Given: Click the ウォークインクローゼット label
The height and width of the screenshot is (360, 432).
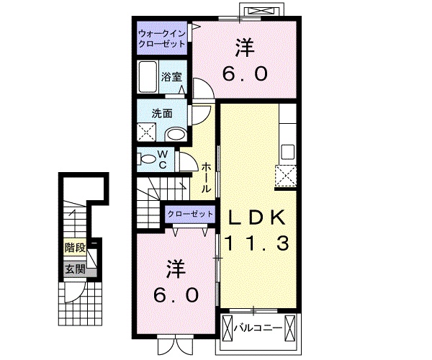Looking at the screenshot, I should coord(163,37).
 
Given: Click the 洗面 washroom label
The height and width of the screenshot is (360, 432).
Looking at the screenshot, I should coord(161,113).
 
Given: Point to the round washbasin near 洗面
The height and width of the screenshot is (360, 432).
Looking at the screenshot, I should coord(175,134).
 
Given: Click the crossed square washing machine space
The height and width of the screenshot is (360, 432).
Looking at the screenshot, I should coord(148,132).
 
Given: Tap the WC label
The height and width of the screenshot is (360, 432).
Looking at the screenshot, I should coord(162,159).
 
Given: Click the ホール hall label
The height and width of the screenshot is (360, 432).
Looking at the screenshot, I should coord(206,176).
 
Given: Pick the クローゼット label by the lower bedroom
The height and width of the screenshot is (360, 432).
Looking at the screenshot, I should coord(190,214).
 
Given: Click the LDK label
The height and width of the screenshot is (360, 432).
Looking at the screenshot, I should coord(258,217).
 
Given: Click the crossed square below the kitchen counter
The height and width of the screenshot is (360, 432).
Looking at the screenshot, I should coord(285,175).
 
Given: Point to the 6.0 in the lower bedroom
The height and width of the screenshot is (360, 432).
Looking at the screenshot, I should coord(172,296).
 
